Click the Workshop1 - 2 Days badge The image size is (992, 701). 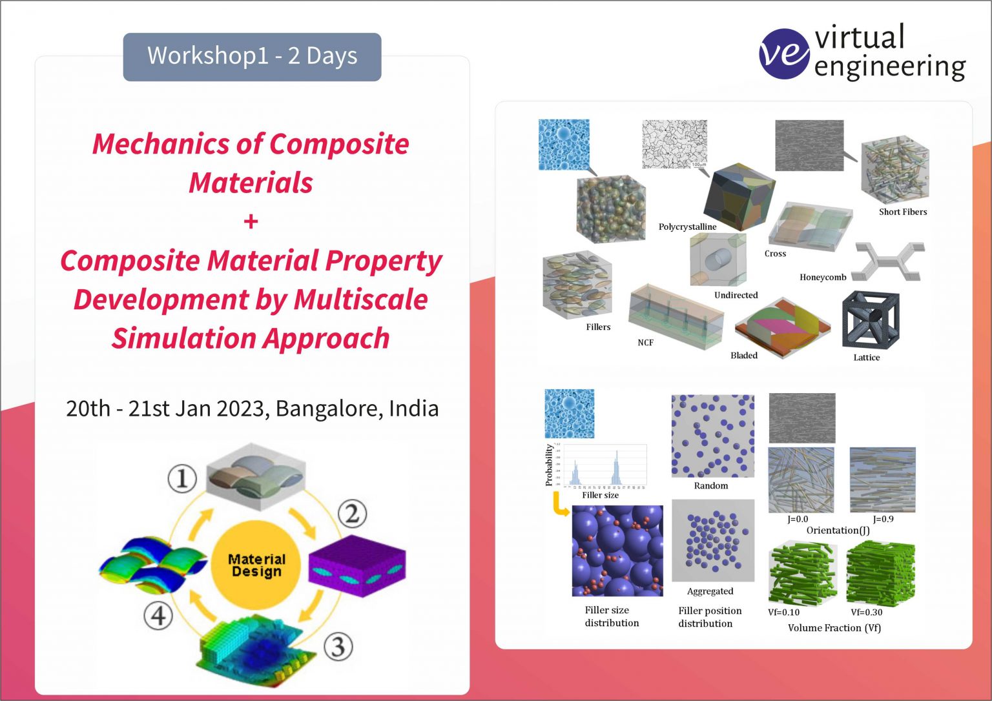(252, 57)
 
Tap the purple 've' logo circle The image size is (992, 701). (783, 54)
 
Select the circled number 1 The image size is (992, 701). (182, 479)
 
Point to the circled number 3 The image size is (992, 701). (338, 646)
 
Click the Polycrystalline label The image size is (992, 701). (687, 227)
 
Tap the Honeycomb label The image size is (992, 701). (822, 278)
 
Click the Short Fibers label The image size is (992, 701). (902, 212)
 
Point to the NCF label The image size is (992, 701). (645, 343)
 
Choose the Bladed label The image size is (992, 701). (743, 356)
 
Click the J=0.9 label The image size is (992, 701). (883, 519)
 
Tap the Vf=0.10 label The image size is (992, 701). (783, 613)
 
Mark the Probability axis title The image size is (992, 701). (549, 465)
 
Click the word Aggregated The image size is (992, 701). (710, 591)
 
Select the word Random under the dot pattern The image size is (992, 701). (710, 486)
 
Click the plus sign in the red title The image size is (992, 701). (251, 222)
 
